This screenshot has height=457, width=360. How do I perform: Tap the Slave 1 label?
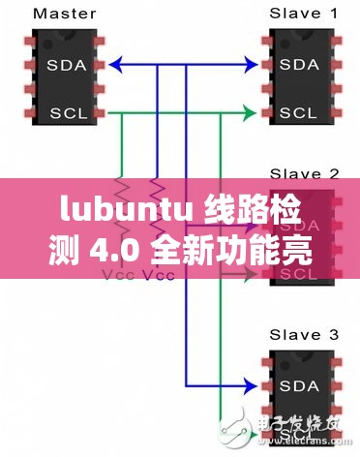tap(302, 15)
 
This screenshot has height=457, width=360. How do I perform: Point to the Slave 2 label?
tap(302, 173)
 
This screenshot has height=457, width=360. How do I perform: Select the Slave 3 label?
tap(302, 335)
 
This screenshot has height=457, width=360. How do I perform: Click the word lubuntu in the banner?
tap(105, 208)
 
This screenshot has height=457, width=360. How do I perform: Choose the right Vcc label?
tap(158, 277)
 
